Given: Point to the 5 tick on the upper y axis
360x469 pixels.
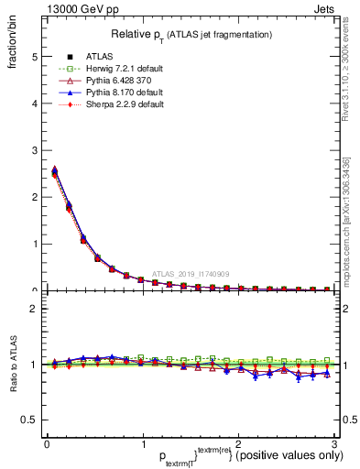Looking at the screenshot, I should point(34,56).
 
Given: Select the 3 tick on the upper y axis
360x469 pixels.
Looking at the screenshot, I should point(34,150).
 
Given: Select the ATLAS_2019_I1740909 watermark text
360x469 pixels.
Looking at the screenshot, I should point(193,273).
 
